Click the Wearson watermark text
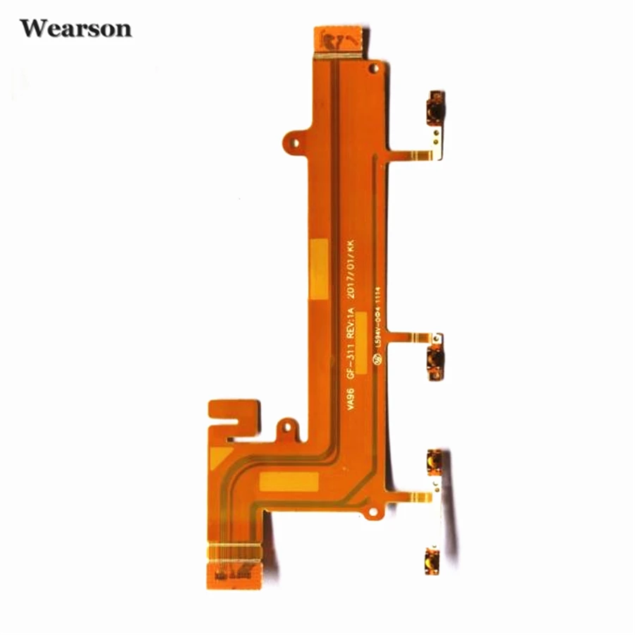[x=75, y=29]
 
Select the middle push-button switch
[x=435, y=358]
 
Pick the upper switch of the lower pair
[x=433, y=461]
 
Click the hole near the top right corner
[x=375, y=68]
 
